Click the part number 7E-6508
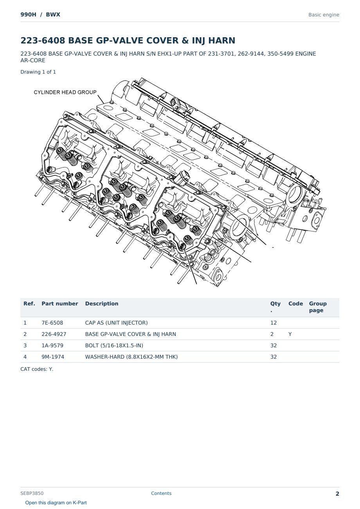click(x=52, y=323)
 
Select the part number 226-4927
click(x=54, y=334)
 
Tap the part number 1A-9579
click(x=52, y=345)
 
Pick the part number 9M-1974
click(x=53, y=357)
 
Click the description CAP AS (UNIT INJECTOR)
click(x=116, y=323)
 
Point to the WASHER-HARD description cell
click(x=131, y=357)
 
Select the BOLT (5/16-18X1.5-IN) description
click(x=114, y=345)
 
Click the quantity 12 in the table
click(x=274, y=323)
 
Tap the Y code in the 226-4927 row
click(x=290, y=334)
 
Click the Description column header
click(x=102, y=303)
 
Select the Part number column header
click(x=60, y=303)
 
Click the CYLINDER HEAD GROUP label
click(x=65, y=92)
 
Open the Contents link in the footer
click(x=161, y=493)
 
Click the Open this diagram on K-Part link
click(x=56, y=503)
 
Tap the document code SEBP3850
click(x=32, y=493)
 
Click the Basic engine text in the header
click(x=324, y=15)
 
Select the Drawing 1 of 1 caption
click(x=38, y=72)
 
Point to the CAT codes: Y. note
click(x=37, y=369)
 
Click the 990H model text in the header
click(x=29, y=14)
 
